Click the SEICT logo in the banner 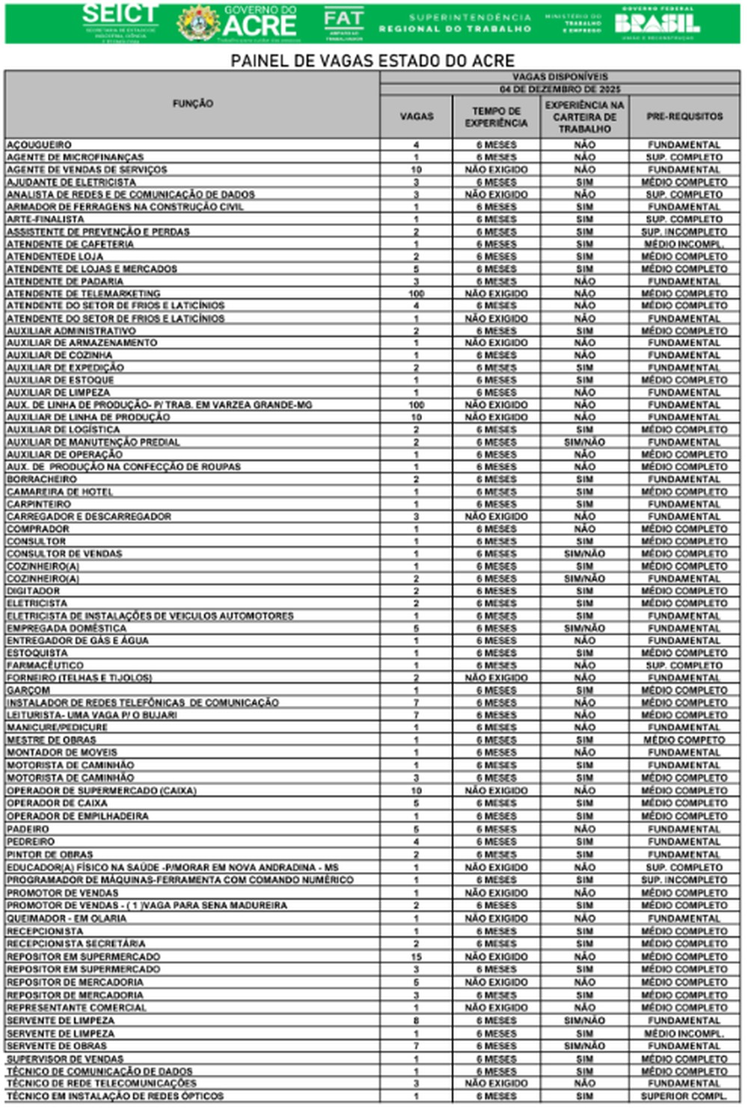pos(120,22)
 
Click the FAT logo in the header pos(343,23)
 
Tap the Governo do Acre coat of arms pos(197,23)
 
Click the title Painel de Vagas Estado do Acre pos(373,61)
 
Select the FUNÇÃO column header pos(192,104)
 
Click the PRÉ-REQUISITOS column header pos(684,117)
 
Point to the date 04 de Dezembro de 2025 pos(560,89)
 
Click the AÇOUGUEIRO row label pos(40,144)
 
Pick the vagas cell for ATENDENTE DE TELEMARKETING pos(416,293)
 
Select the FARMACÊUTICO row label pos(46,665)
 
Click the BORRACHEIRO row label pos(42,479)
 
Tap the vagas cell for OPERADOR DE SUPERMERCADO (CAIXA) pos(416,790)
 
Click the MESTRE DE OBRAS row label pos(52,740)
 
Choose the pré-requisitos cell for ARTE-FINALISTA pos(684,219)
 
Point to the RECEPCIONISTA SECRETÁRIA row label pos(76,944)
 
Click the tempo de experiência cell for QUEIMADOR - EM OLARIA pos(496,918)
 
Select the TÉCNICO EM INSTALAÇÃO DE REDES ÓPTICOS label pos(115,1096)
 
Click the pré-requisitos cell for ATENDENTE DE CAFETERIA pos(684,244)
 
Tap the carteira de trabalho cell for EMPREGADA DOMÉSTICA pos(584,628)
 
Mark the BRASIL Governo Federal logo pos(657,23)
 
